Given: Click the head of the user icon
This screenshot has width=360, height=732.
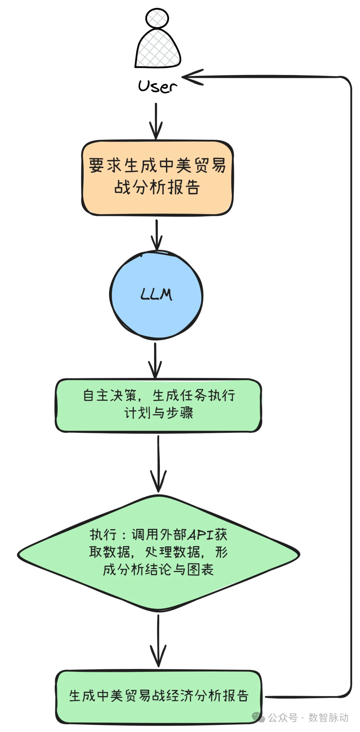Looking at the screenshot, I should (x=157, y=18).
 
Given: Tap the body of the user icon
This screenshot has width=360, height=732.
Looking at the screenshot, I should (x=157, y=50).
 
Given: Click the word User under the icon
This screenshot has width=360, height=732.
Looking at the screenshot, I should (x=157, y=86).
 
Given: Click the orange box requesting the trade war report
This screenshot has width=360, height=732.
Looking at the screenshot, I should (x=157, y=177).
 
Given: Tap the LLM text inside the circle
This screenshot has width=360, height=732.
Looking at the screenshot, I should (x=156, y=295).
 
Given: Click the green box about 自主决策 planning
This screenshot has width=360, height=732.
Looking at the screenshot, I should (x=158, y=405).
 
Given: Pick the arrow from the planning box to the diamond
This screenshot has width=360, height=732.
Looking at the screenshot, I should (x=158, y=464).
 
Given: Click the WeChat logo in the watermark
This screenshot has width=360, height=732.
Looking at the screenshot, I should (x=258, y=717).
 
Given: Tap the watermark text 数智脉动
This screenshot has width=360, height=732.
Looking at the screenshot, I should (x=328, y=717).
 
